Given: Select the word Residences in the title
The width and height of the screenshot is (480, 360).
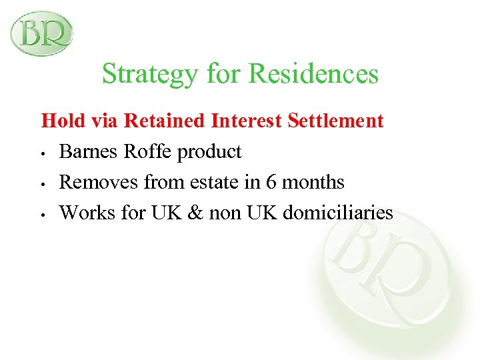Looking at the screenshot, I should [313, 74].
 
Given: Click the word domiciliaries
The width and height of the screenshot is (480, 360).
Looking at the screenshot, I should [338, 213].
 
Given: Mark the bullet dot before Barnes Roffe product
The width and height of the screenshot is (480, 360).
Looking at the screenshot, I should [42, 153].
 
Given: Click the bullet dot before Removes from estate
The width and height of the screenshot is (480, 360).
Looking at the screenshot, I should [42, 184].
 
